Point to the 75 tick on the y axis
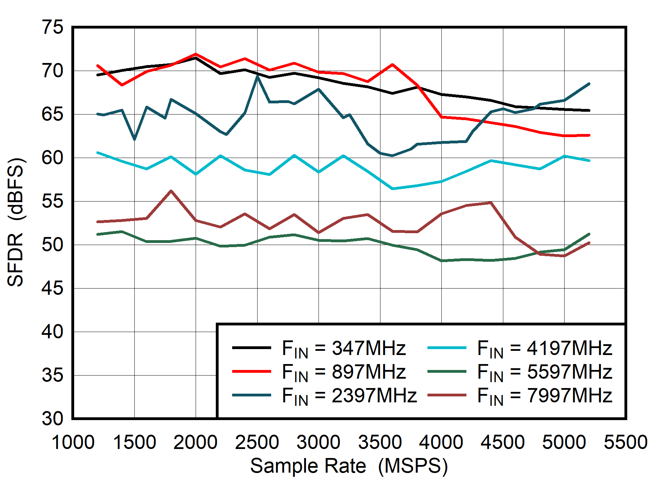[53, 27]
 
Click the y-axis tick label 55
[53, 201]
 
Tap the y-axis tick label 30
[53, 418]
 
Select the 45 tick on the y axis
[53, 288]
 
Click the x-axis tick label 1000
[73, 442]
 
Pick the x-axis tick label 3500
[380, 442]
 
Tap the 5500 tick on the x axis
[625, 442]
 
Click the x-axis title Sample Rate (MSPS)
[349, 466]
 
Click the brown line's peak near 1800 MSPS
[171, 191]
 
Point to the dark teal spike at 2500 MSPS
[257, 76]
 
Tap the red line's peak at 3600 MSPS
[392, 64]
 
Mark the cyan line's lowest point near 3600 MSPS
[393, 189]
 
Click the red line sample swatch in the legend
[251, 372]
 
